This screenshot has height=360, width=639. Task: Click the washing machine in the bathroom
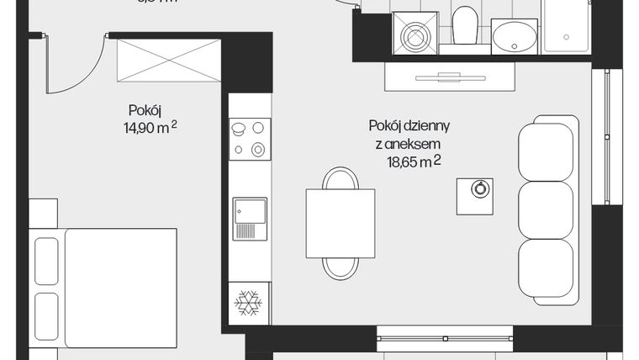tap(415, 34)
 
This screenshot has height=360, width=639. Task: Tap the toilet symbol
tap(464, 27)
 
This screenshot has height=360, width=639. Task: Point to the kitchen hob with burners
tap(250, 139)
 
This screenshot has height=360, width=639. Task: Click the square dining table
tap(340, 223)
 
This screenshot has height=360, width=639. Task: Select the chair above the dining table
tap(340, 179)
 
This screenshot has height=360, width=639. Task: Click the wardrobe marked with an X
tap(165, 61)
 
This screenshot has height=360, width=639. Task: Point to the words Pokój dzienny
tap(409, 126)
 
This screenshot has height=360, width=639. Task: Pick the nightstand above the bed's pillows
tap(43, 211)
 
